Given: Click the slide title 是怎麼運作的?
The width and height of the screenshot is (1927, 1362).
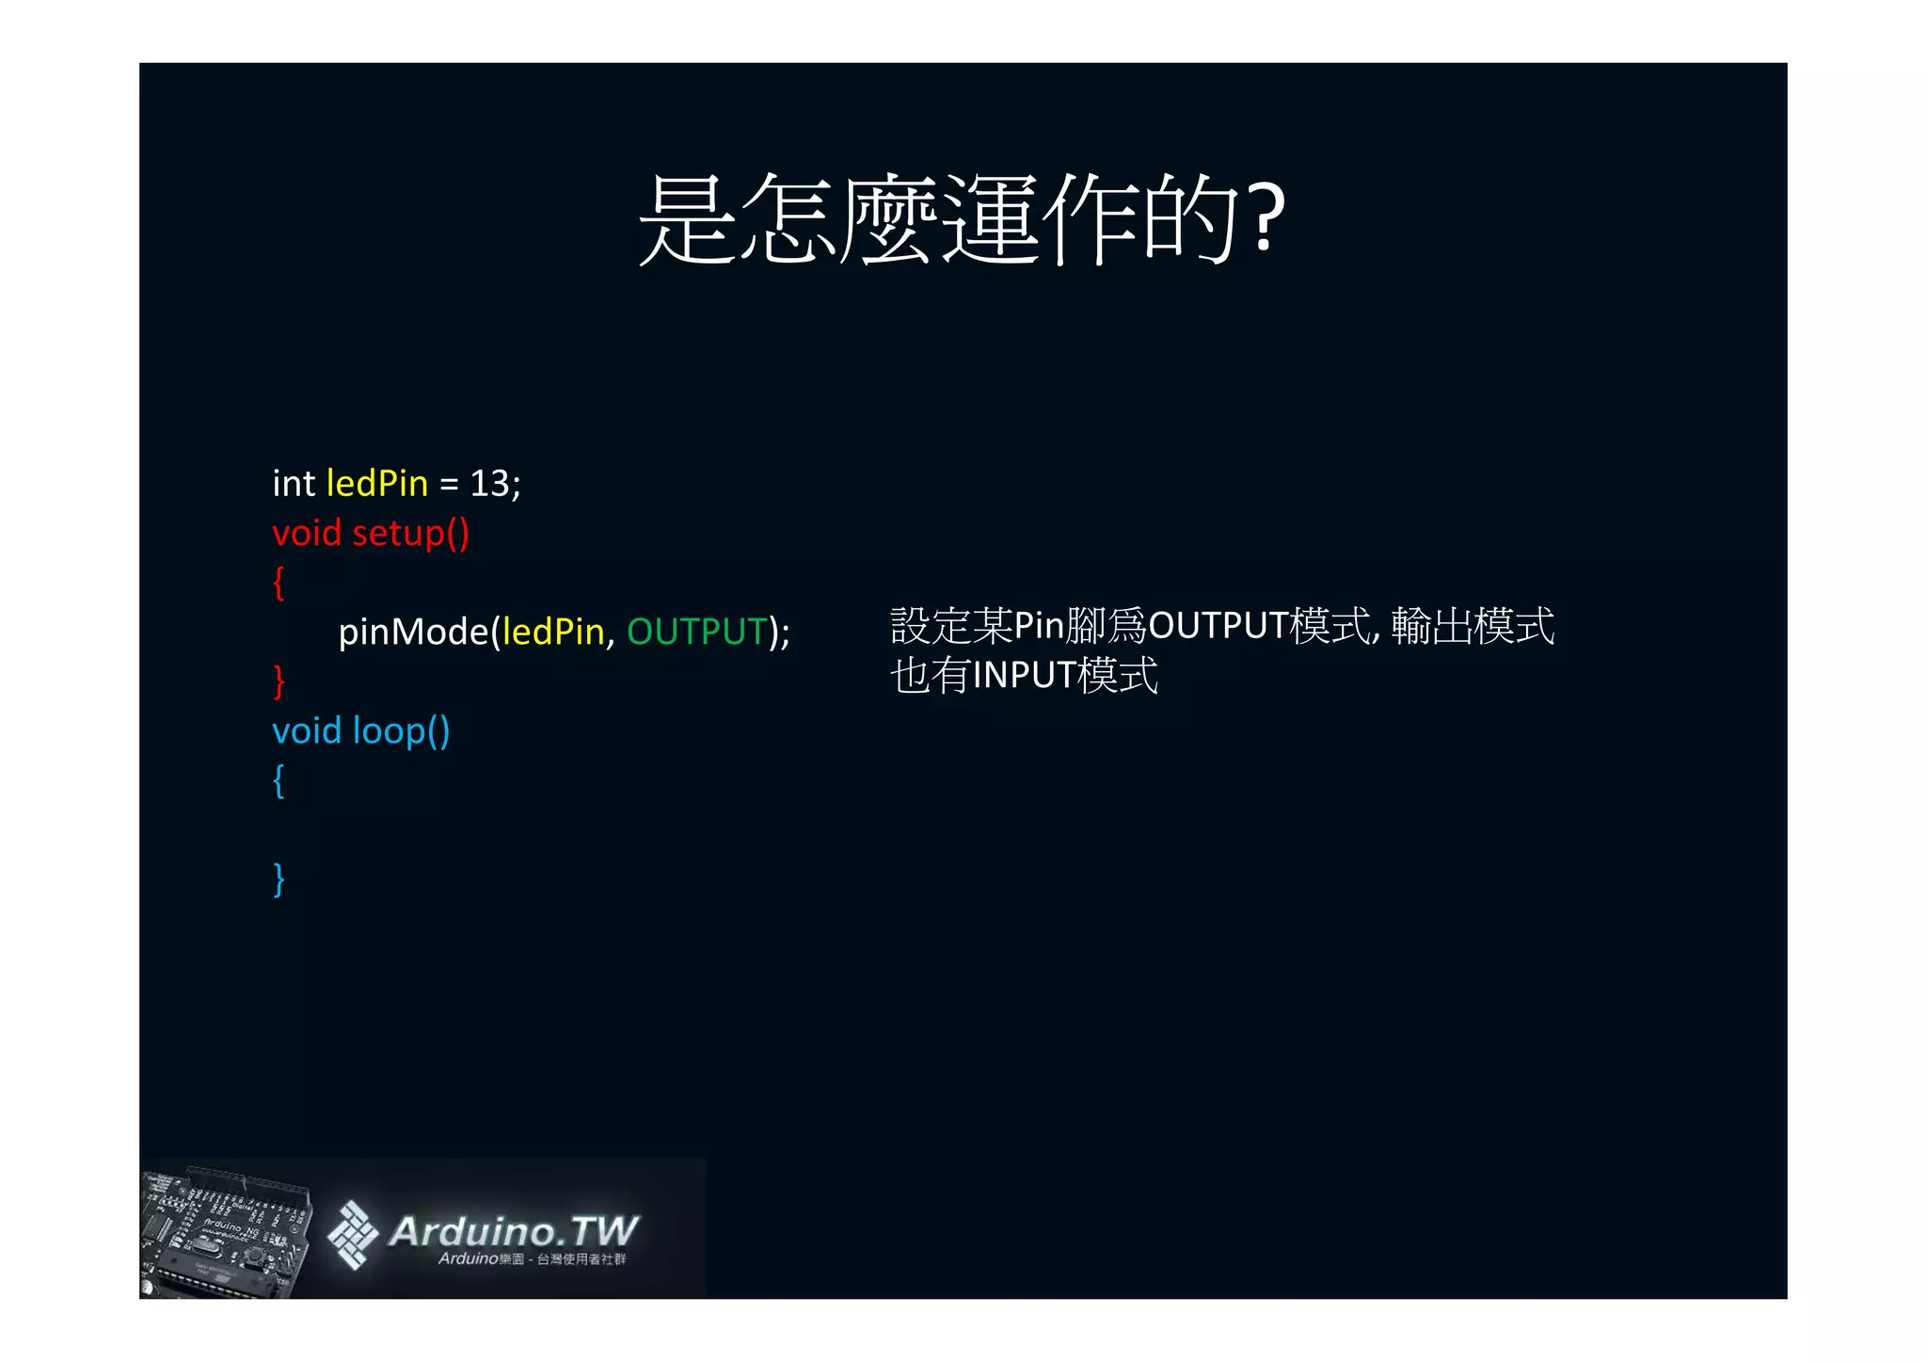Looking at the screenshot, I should coord(962,219).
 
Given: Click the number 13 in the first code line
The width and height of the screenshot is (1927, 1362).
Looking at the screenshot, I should coord(489,484).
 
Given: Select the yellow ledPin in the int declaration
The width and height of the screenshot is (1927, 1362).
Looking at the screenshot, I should coord(377,484).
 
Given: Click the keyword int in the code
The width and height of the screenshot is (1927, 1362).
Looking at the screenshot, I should coord(293,484).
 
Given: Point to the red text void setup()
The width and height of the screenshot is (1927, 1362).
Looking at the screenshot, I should coord(370,534).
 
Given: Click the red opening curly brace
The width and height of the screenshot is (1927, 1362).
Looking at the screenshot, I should coord(279,584).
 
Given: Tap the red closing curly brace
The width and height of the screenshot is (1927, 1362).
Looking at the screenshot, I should coord(279,681).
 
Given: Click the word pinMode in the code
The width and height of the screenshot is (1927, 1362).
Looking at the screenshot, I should coord(413,632).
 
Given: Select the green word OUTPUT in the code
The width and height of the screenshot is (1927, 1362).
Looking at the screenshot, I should coord(697,632).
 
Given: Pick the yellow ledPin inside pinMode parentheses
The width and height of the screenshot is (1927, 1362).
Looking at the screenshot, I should coord(553,632).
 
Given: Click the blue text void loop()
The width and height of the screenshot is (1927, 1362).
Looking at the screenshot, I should coord(360,731).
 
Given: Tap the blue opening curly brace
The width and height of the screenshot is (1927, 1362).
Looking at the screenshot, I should coord(279,781).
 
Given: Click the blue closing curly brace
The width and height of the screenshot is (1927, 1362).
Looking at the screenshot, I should coord(279,879).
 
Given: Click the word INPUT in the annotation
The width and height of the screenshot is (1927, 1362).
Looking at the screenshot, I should coord(1024,676).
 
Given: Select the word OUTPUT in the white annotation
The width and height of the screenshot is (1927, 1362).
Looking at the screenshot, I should coord(1218,626).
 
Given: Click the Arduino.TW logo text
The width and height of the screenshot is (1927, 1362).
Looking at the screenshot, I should coord(514,1231).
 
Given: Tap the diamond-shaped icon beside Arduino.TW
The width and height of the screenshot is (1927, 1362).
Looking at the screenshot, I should coord(353,1234).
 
